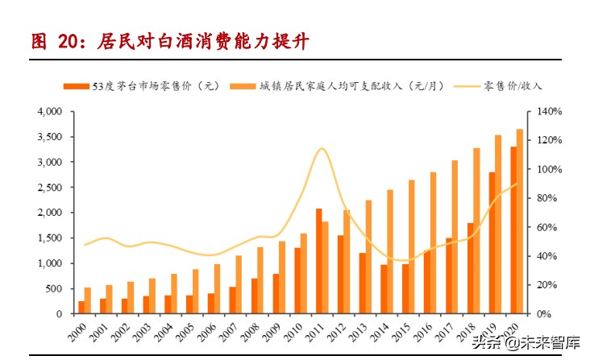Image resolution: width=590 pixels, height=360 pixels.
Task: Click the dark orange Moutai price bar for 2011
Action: click(x=319, y=261)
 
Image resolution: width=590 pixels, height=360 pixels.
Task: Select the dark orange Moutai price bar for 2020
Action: click(x=513, y=230)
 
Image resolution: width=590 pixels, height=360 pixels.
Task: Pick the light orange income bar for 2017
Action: click(x=455, y=237)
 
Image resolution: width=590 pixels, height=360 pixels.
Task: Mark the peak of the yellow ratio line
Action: click(x=322, y=148)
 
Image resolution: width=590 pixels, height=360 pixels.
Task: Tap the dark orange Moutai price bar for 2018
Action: click(x=470, y=268)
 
